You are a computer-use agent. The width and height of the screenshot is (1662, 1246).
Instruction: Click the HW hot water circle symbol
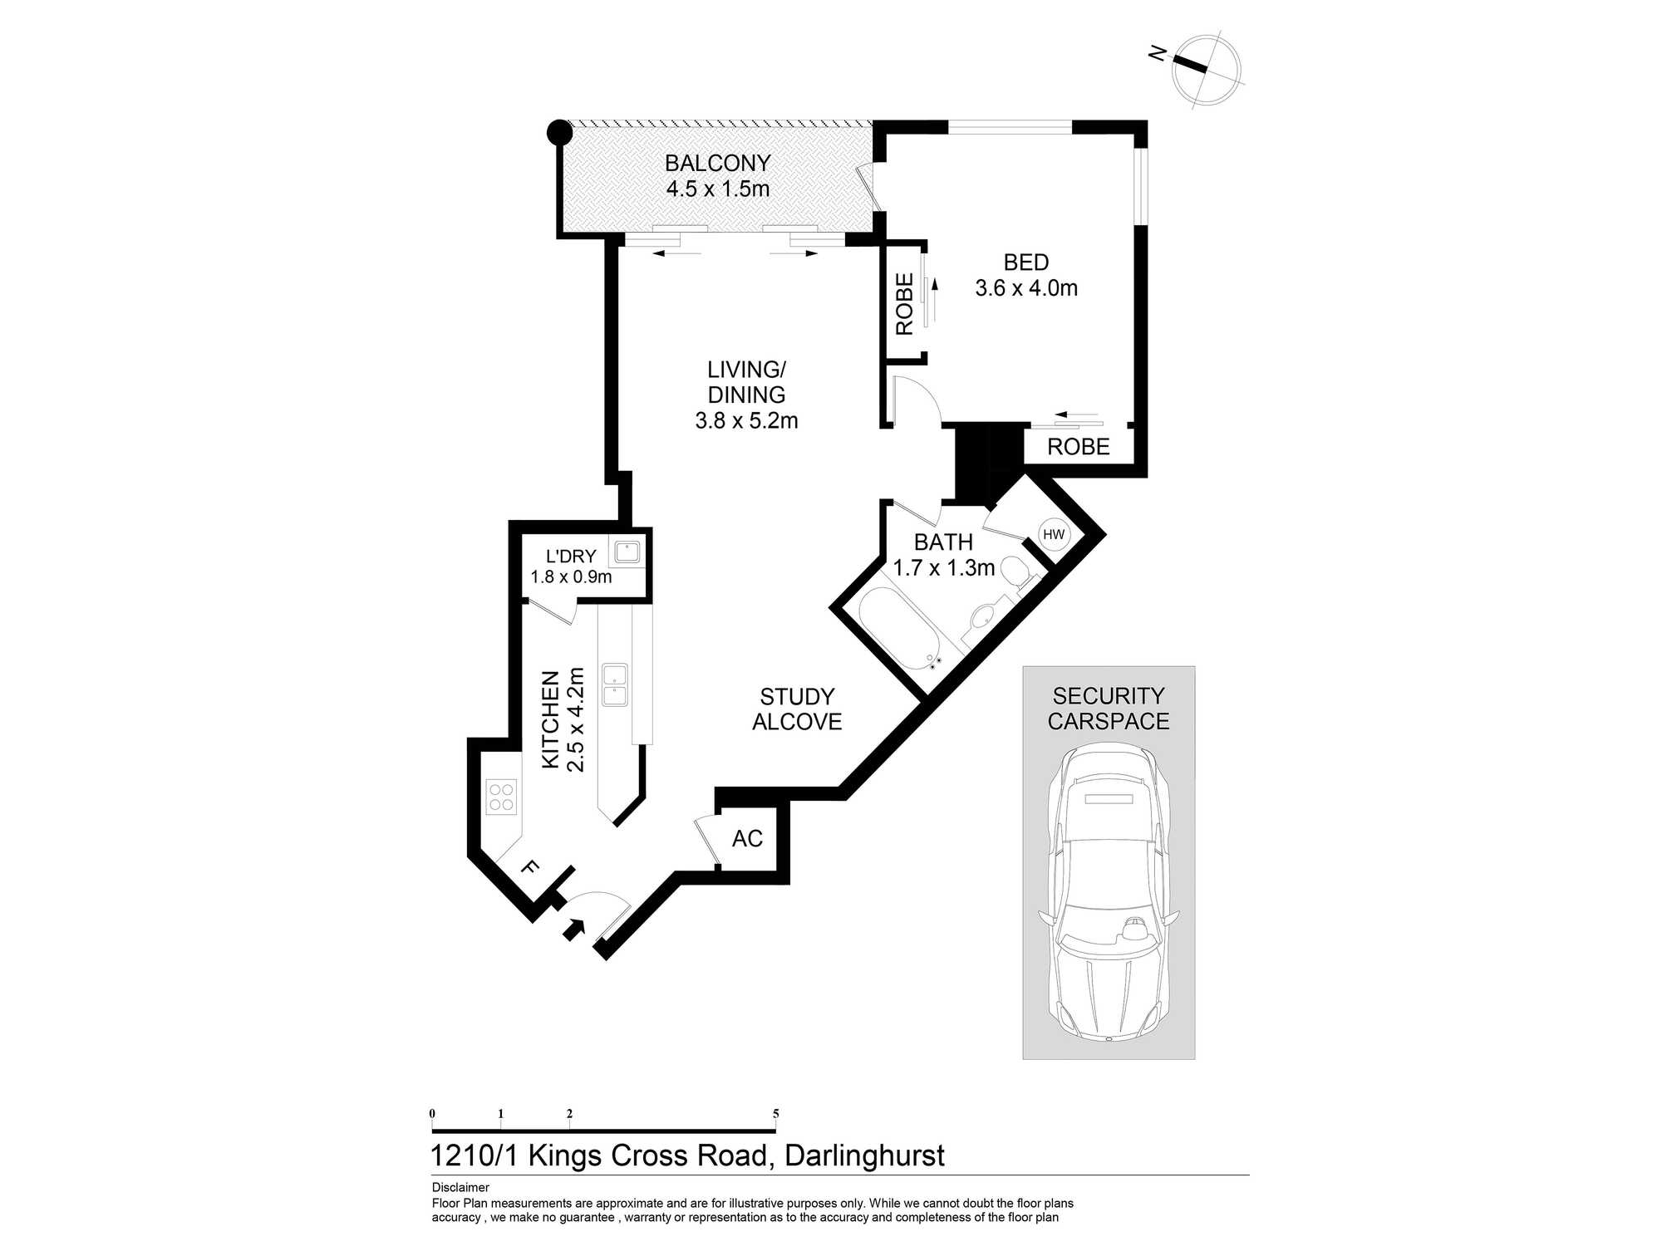tap(1054, 534)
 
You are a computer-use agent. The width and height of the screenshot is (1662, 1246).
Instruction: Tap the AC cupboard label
tap(747, 838)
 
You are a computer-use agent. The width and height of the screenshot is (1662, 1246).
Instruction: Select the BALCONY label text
tap(718, 163)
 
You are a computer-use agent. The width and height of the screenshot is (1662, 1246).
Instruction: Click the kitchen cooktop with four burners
tap(501, 796)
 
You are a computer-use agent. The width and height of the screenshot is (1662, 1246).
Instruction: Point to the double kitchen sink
tap(615, 684)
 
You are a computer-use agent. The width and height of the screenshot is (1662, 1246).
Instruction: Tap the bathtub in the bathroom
tap(900, 630)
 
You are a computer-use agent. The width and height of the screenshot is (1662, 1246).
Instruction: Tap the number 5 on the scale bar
tap(775, 1114)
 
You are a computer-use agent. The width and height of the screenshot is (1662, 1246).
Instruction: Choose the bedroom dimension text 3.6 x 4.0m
tap(1026, 288)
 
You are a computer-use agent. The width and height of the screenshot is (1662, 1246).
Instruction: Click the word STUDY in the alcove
tap(797, 696)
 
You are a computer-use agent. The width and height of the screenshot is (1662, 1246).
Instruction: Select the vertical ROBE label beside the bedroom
tap(904, 304)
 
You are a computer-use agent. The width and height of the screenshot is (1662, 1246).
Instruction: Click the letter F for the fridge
tap(529, 868)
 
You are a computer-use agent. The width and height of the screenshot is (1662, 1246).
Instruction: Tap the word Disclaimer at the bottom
tap(460, 1188)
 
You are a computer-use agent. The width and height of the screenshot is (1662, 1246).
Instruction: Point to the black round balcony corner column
tap(560, 132)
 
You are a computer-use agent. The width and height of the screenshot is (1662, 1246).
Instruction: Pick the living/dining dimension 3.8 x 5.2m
tap(746, 420)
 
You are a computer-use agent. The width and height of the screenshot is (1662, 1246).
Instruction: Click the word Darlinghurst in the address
tap(864, 1156)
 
